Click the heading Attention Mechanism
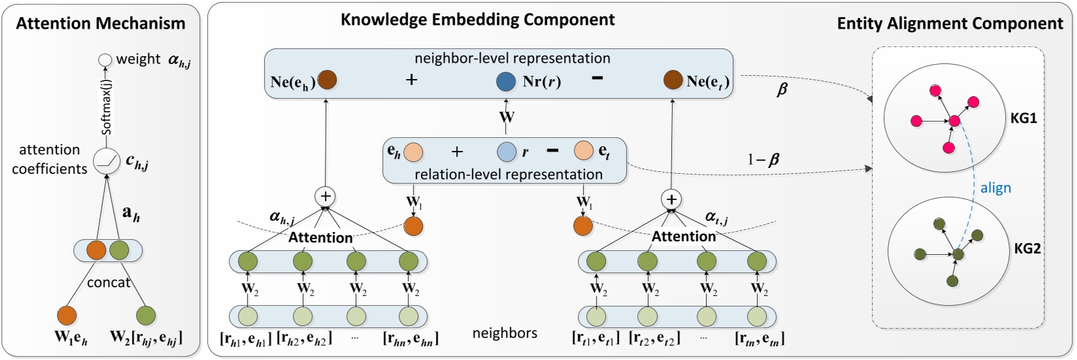click(x=101, y=24)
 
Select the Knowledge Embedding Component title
click(x=477, y=20)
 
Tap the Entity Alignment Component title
click(x=950, y=24)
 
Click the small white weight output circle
click(x=105, y=60)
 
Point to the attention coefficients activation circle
click(x=107, y=161)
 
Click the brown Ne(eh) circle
click(x=326, y=80)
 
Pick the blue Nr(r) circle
click(x=506, y=82)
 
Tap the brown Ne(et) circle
click(x=673, y=80)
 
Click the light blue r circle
click(x=506, y=152)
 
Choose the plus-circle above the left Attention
click(x=325, y=196)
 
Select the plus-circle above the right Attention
click(x=671, y=199)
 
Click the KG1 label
click(x=1023, y=118)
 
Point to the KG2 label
click(x=1027, y=248)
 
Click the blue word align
click(x=995, y=188)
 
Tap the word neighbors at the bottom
click(x=505, y=333)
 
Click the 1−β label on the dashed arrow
click(x=763, y=159)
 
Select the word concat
click(x=108, y=282)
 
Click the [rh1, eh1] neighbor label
click(x=246, y=338)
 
